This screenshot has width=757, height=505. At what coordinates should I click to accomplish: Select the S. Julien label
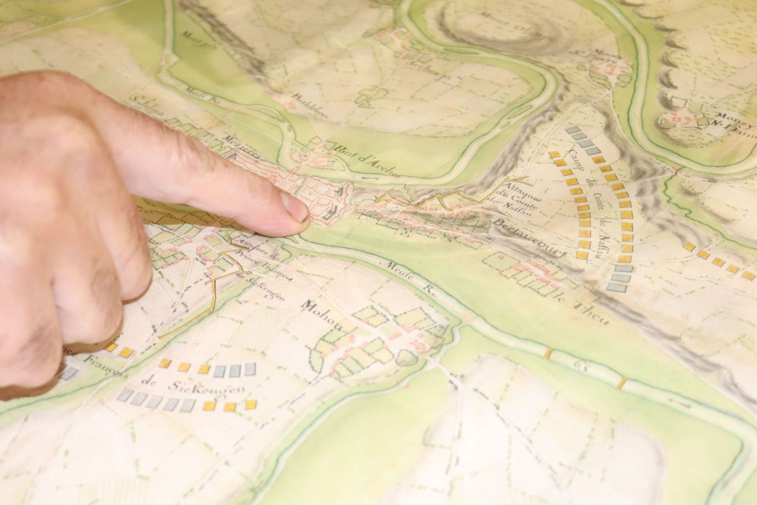(x=148, y=105)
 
